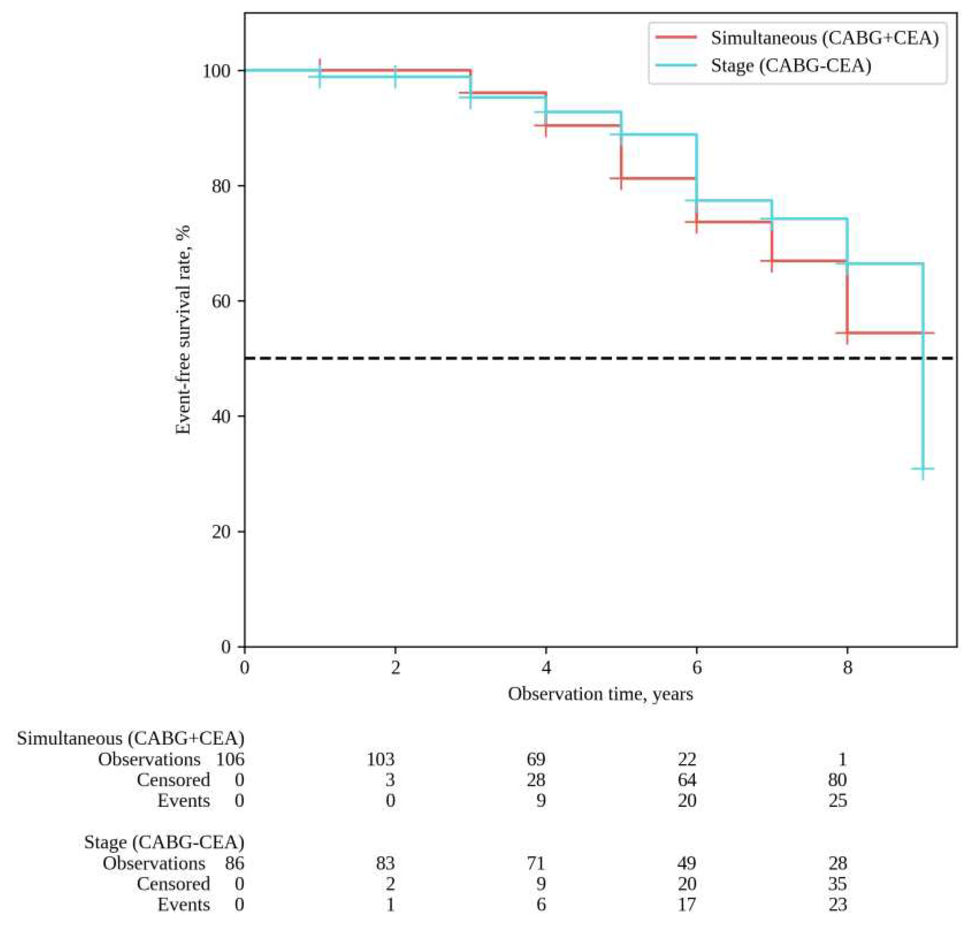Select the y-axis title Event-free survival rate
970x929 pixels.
click(184, 329)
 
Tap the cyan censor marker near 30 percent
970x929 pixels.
click(922, 468)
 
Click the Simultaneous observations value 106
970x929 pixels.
click(230, 759)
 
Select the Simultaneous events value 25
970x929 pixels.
click(837, 801)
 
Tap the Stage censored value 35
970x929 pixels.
click(837, 884)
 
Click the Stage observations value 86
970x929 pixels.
click(234, 863)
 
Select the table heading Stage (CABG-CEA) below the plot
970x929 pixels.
click(164, 842)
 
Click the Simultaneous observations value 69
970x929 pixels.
click(536, 759)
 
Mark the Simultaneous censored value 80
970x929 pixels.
click(837, 780)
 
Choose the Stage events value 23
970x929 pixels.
click(837, 905)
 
